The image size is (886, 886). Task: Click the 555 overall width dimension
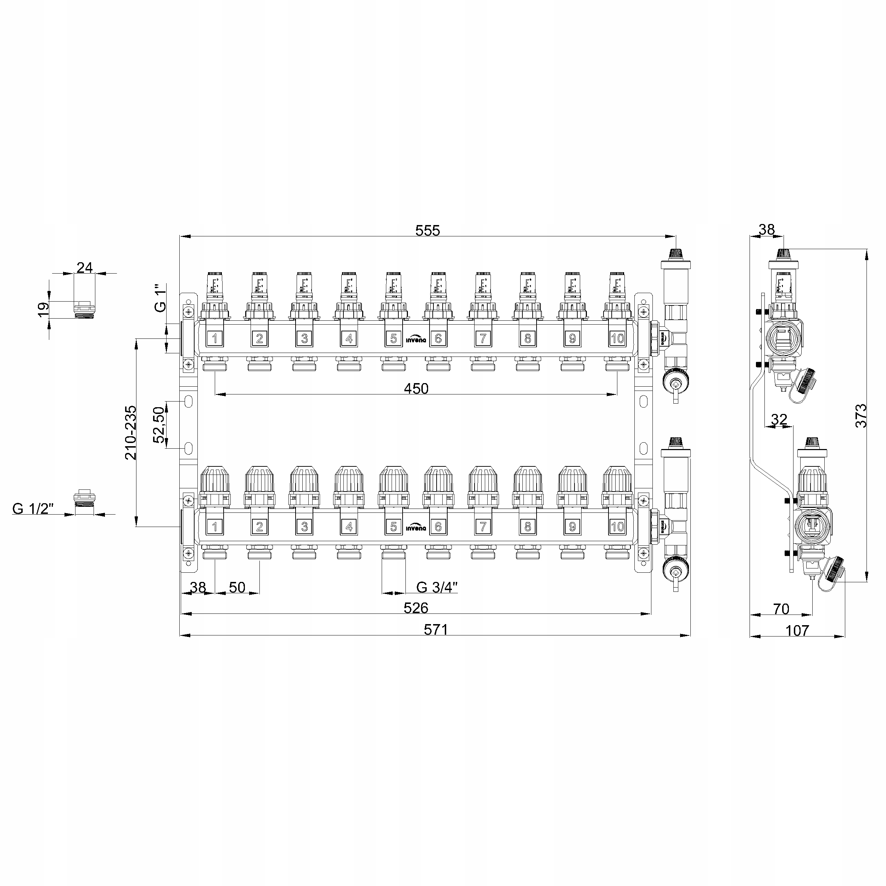point(427,230)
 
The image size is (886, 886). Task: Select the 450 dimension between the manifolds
point(416,388)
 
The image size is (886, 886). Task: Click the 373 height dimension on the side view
point(861,415)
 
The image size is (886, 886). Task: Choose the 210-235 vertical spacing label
point(131,432)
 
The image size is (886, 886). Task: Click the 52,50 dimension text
point(159,424)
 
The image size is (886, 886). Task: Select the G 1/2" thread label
point(33,509)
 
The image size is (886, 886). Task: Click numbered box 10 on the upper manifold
point(617,338)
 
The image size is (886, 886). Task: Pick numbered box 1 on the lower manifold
point(215,527)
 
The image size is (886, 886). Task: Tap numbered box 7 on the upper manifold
point(483,338)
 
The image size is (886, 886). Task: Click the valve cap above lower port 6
point(438,479)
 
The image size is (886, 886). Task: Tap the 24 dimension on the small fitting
point(84,267)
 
